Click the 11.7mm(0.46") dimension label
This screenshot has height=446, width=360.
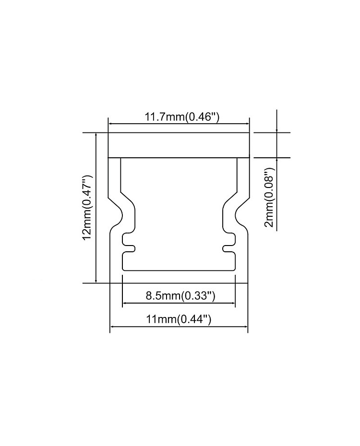pyautogui.click(x=182, y=117)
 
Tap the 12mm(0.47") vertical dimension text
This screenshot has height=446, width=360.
pyautogui.click(x=87, y=207)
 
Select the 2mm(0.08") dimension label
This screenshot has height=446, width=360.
pyautogui.click(x=269, y=198)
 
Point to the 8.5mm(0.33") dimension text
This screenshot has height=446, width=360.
pyautogui.click(x=180, y=296)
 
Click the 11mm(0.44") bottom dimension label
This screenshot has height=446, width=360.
pyautogui.click(x=179, y=319)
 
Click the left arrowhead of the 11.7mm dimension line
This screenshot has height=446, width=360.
pyautogui.click(x=111, y=124)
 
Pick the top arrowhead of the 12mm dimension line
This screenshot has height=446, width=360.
pyautogui.click(x=96, y=135)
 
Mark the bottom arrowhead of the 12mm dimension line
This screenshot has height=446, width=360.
pyautogui.click(x=96, y=281)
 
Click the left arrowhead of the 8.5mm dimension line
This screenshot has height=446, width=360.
pyautogui.click(x=125, y=303)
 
